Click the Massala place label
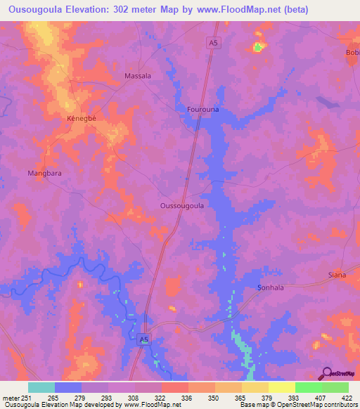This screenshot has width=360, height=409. coord(138,75)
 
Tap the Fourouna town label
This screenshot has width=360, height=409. coord(203,110)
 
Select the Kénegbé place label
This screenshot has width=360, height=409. coord(81,118)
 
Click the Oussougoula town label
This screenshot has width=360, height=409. coord(182,206)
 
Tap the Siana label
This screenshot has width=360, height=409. coord(337,275)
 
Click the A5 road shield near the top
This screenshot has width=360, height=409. coord(214,43)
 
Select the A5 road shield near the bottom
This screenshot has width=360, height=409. coord(144,339)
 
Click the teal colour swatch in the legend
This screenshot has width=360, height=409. coord(41,387)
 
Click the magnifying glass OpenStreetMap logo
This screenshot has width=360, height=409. coord(326,373)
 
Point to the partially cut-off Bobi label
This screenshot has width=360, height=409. coord(352,53)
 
